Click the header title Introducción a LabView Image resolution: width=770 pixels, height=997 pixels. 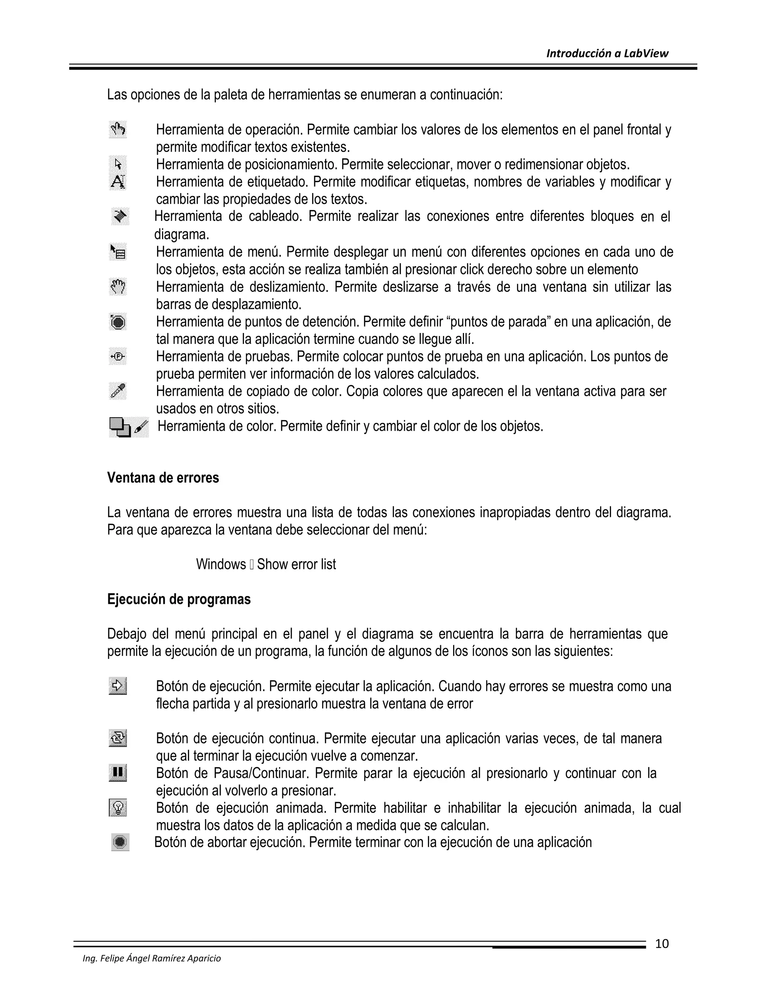pyautogui.click(x=607, y=53)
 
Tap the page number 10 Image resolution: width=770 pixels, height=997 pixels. pyautogui.click(x=661, y=944)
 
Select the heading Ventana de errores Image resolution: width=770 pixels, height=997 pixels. pyautogui.click(x=163, y=478)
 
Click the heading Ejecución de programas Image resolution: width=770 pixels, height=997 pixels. pyautogui.click(x=179, y=599)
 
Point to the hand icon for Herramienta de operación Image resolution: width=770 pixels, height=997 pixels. pyautogui.click(x=118, y=130)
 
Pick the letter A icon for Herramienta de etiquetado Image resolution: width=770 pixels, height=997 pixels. pyautogui.click(x=118, y=182)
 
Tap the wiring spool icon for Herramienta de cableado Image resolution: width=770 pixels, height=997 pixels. pyautogui.click(x=120, y=216)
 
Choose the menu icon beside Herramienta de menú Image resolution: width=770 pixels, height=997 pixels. pyautogui.click(x=118, y=252)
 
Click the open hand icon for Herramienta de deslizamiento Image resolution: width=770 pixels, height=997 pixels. pyautogui.click(x=118, y=287)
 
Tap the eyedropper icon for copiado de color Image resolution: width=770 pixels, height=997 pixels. pyautogui.click(x=118, y=391)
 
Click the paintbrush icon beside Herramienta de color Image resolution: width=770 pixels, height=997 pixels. pyautogui.click(x=142, y=427)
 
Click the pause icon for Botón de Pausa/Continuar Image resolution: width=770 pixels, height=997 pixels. pyautogui.click(x=118, y=773)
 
